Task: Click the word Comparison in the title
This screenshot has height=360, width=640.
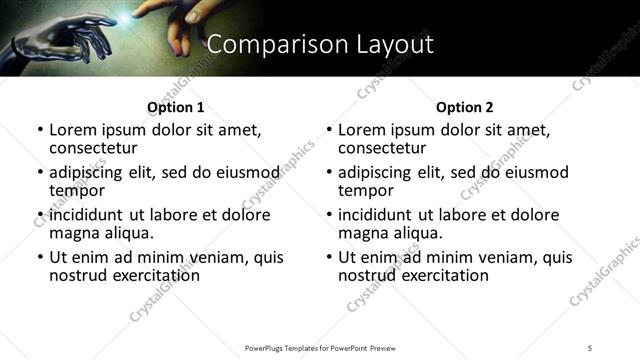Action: coord(263,44)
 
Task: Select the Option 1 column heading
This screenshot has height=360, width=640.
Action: coord(175,107)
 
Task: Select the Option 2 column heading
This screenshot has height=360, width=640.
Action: coord(464,107)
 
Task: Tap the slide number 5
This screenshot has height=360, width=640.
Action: coord(590,348)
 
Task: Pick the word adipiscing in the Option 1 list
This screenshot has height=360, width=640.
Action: coord(90,172)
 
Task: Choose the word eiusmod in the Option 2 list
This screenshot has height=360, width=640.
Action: coord(538,172)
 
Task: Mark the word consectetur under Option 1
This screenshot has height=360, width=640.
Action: coord(97,148)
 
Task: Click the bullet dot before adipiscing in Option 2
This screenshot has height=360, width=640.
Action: coord(329,172)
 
